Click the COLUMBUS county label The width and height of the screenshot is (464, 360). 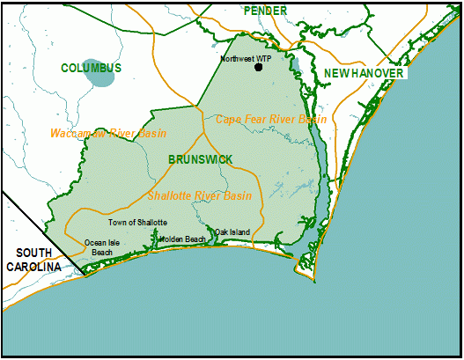click(92, 68)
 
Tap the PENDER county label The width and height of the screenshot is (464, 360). click(266, 11)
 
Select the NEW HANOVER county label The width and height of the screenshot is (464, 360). click(364, 73)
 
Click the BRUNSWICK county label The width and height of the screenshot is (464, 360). click(201, 158)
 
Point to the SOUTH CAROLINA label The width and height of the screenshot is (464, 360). click(31, 260)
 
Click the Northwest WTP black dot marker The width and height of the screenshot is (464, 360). click(258, 67)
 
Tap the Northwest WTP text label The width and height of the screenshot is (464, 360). click(246, 58)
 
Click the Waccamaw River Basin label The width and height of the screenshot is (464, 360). click(96, 133)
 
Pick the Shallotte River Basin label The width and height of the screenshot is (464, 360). click(200, 195)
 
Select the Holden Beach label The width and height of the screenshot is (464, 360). click(182, 239)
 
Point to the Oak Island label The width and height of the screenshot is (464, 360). click(232, 231)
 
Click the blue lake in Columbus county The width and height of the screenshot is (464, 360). click(101, 76)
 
